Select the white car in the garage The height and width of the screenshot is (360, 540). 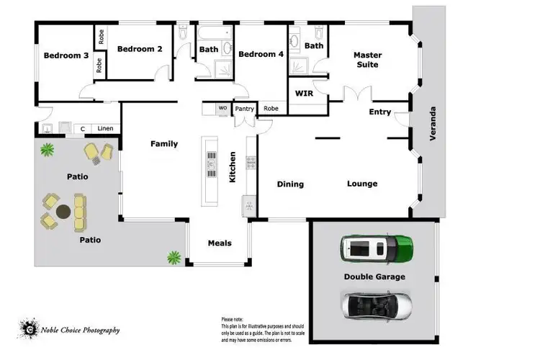(x=377, y=305)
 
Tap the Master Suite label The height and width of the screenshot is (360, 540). (x=366, y=60)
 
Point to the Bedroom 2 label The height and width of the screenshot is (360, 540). (x=140, y=49)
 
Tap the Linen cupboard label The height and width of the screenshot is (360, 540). (x=106, y=129)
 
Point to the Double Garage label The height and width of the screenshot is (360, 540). (x=374, y=276)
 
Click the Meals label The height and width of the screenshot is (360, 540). (x=220, y=243)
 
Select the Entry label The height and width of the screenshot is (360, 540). (x=379, y=112)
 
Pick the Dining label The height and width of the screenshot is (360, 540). (x=290, y=184)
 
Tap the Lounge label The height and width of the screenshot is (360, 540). (x=362, y=184)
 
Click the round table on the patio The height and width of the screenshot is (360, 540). (x=63, y=212)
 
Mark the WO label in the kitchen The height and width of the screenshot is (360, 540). (x=222, y=109)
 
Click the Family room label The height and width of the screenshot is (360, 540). (x=163, y=144)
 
